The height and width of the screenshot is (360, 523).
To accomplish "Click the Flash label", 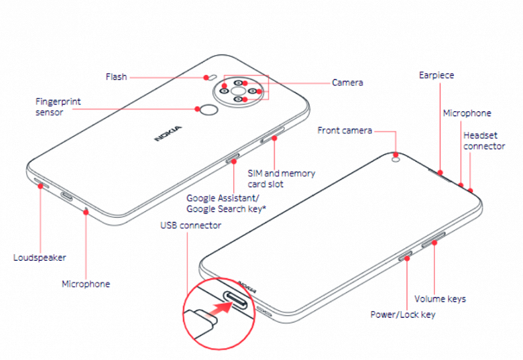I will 116,77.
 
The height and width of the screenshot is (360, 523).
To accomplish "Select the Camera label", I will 347,83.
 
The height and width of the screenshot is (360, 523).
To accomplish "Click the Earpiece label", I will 436,75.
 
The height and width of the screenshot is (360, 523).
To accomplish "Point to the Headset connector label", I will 484,141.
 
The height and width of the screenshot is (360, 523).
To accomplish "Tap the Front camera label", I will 344,130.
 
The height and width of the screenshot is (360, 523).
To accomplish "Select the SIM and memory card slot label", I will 281,178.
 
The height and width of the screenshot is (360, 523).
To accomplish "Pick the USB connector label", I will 190,225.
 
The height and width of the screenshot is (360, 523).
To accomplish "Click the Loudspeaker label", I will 40,257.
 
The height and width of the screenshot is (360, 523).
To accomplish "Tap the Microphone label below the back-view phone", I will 86,284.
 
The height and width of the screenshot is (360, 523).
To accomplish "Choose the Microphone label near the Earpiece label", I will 467,113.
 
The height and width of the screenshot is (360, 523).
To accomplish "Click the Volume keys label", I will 440,298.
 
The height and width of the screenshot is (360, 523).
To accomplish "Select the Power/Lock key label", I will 402,314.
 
